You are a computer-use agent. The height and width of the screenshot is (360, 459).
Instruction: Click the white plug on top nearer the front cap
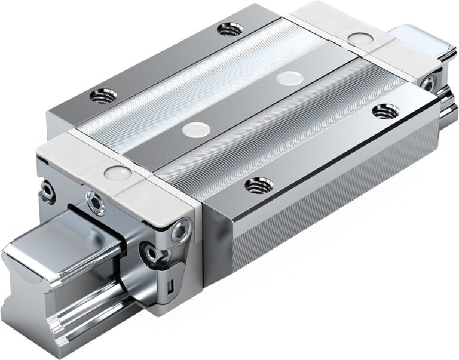[194, 127]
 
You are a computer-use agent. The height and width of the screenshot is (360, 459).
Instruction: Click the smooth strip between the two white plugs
[242, 101]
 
